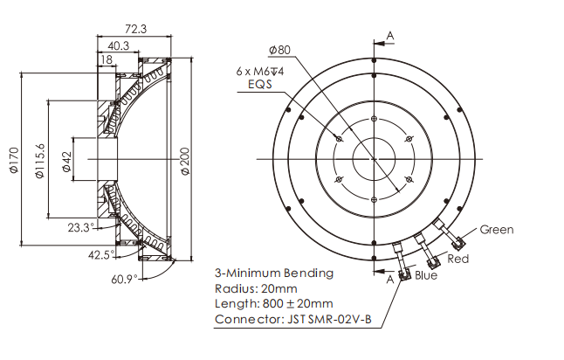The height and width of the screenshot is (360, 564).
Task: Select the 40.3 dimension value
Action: tap(119, 45)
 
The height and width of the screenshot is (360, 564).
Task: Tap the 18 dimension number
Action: tap(106, 60)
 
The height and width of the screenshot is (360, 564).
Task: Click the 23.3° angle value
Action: tap(79, 228)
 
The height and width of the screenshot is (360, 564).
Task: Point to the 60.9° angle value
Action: tap(125, 280)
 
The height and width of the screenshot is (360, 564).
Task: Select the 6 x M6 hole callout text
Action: tap(262, 71)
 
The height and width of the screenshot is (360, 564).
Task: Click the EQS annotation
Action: tap(261, 87)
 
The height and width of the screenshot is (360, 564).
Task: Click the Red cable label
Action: tap(458, 260)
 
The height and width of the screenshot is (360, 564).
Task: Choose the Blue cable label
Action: tap(427, 275)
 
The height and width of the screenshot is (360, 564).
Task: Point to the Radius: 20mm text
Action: tap(256, 288)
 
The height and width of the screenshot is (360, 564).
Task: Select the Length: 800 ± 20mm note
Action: tap(272, 304)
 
